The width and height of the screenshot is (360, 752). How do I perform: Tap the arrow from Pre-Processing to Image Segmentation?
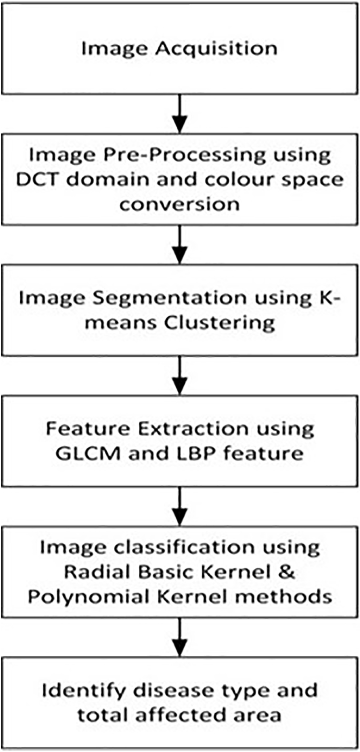tap(179, 243)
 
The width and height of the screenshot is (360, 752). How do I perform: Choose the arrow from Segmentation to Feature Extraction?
tap(179, 374)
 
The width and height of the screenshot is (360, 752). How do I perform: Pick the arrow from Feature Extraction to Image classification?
tap(179, 505)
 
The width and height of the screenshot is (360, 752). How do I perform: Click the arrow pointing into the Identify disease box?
tap(179, 637)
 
